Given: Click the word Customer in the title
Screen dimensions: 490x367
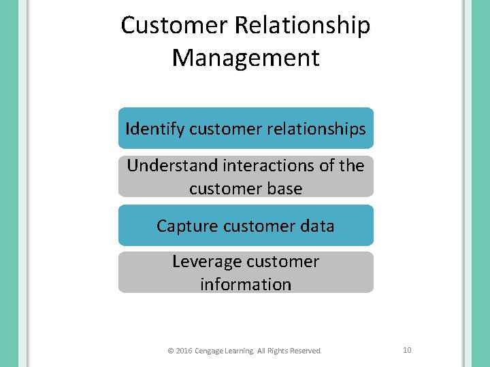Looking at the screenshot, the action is pyautogui.click(x=175, y=26).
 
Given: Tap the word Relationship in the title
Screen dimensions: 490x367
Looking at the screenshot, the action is pyautogui.click(x=304, y=26).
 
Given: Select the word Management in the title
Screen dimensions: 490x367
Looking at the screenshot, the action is pyautogui.click(x=246, y=58).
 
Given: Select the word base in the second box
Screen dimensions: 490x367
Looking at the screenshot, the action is pyautogui.click(x=285, y=188).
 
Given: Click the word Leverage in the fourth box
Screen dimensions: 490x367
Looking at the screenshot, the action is pyautogui.click(x=203, y=262).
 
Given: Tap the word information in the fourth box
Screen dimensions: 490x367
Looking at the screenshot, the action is pyautogui.click(x=246, y=284).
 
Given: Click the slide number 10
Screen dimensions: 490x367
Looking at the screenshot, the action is pyautogui.click(x=407, y=350).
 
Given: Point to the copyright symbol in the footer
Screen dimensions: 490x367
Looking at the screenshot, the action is pyautogui.click(x=170, y=351).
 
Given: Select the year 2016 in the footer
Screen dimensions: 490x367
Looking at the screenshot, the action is pyautogui.click(x=184, y=351).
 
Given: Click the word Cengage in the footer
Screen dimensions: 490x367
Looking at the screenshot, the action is pyautogui.click(x=209, y=351).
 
